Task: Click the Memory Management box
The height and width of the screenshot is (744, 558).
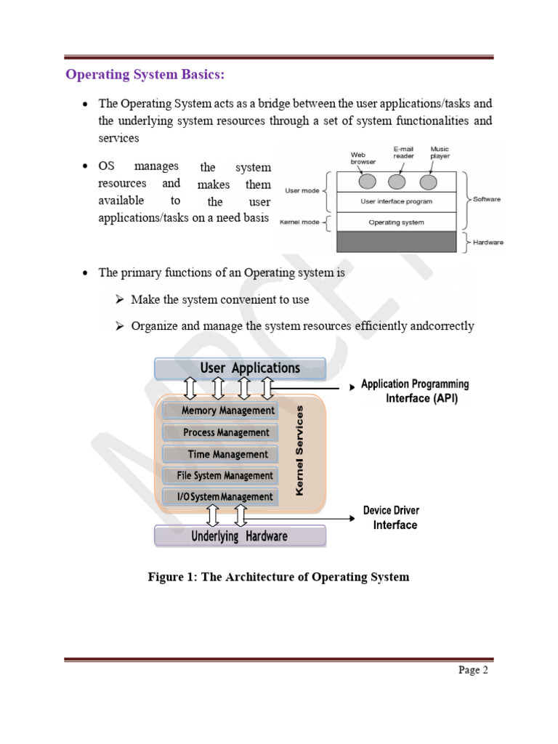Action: pos(220,411)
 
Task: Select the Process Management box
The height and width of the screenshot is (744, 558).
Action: pos(220,432)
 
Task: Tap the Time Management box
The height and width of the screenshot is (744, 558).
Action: pos(220,454)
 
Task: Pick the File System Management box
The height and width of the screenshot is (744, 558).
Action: pos(220,476)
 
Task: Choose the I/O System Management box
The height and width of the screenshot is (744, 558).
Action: pos(220,497)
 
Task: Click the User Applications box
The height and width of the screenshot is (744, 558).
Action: pos(240,368)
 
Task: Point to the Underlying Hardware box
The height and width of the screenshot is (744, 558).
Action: pos(240,537)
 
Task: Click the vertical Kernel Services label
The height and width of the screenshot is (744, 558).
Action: pos(300,450)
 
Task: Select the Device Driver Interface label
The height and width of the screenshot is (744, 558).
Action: pos(392,517)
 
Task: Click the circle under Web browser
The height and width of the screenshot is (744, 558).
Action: pos(368,180)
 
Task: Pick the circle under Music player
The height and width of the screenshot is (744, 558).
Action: pos(429,180)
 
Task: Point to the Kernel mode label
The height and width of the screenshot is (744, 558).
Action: pos(300,222)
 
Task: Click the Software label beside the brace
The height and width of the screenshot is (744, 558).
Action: pos(487,198)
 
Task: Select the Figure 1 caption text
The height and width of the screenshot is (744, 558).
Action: pos(278,578)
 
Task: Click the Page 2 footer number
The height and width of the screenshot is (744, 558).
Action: pos(473,671)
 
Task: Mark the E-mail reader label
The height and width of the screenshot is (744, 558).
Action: pos(403,153)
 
